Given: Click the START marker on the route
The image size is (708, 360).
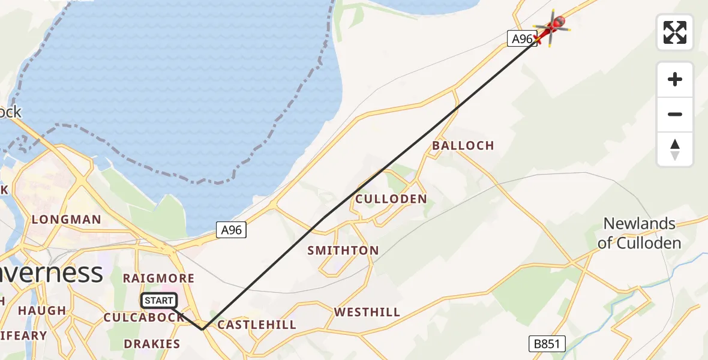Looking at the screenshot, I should [x=159, y=301].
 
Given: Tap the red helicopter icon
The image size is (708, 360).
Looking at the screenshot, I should [x=552, y=26].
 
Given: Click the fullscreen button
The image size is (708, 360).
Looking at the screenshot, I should [x=675, y=32].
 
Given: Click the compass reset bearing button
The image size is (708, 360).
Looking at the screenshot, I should [x=675, y=149].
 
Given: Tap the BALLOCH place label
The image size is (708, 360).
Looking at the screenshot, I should [x=463, y=145].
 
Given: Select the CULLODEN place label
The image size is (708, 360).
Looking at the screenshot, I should [x=391, y=199].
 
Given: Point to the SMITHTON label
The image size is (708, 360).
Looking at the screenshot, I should [x=343, y=250].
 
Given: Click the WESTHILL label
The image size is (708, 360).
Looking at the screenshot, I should [x=367, y=312].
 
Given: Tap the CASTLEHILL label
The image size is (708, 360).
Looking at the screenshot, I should [x=257, y=325].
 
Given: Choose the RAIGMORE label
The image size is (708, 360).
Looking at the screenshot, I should [x=158, y=278].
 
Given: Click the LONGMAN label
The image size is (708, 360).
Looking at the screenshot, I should [x=67, y=220].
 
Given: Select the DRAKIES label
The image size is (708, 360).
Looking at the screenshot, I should [x=152, y=344].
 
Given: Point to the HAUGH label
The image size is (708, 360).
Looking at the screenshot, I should [x=42, y=311].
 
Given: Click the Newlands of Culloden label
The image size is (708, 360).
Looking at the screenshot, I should [x=640, y=233].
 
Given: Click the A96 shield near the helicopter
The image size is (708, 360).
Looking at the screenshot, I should [x=520, y=39].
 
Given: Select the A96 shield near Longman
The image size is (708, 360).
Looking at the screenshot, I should [x=231, y=229].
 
